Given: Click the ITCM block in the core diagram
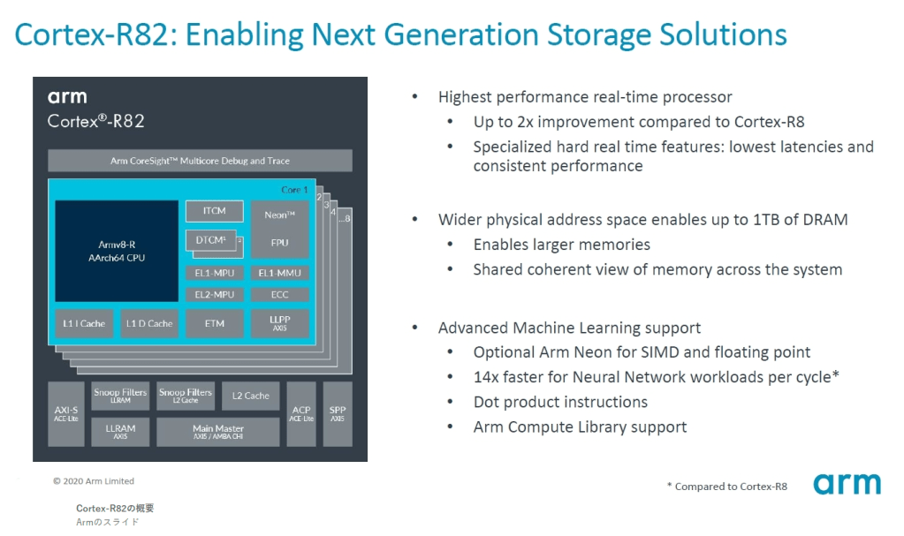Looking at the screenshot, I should click(214, 211).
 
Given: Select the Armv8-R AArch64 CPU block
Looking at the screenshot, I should click(116, 251).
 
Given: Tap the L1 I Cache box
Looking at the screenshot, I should click(84, 323).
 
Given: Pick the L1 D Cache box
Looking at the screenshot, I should click(148, 323).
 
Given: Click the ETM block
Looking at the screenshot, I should click(214, 323).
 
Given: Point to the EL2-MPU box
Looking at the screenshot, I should click(214, 294).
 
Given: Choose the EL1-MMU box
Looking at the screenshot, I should click(279, 273).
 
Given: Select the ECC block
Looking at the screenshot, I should click(279, 294).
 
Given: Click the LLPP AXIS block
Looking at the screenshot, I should click(279, 323).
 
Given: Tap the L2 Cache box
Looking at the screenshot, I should click(251, 396).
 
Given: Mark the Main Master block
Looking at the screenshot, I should click(218, 431).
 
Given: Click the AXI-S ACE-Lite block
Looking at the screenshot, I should click(66, 413).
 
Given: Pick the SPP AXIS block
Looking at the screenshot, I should click(337, 413).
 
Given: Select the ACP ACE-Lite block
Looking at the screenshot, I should click(301, 413).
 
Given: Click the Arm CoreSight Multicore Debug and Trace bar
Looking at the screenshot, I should click(200, 161).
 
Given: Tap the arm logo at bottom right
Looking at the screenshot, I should click(847, 484).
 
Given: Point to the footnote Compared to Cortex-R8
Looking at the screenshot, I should click(727, 487).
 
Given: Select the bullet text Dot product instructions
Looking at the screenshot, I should click(560, 402).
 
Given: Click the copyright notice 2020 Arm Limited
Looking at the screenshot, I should click(94, 481).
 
